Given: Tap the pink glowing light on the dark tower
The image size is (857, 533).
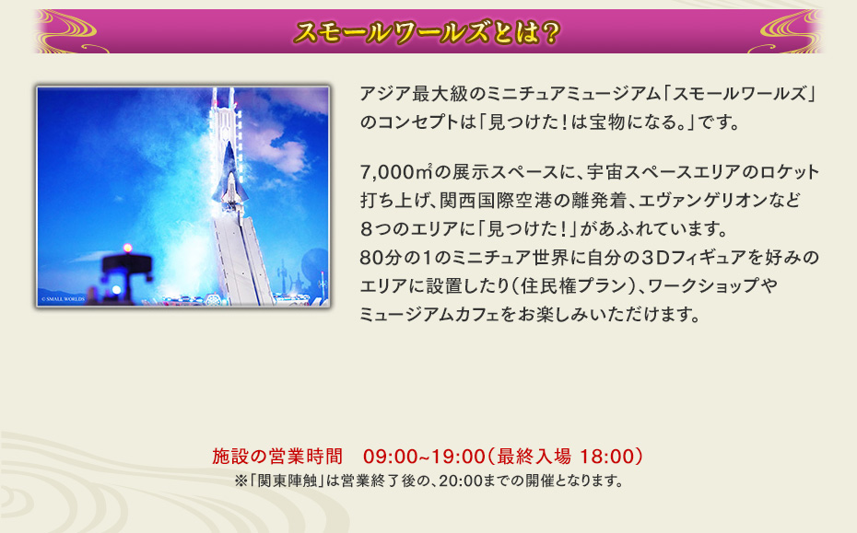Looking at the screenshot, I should [126, 249].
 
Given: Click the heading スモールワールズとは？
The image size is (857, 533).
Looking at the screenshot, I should [428, 32].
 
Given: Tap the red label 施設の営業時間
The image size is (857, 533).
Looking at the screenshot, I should [277, 457].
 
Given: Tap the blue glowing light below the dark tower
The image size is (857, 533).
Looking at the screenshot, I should [116, 290].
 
